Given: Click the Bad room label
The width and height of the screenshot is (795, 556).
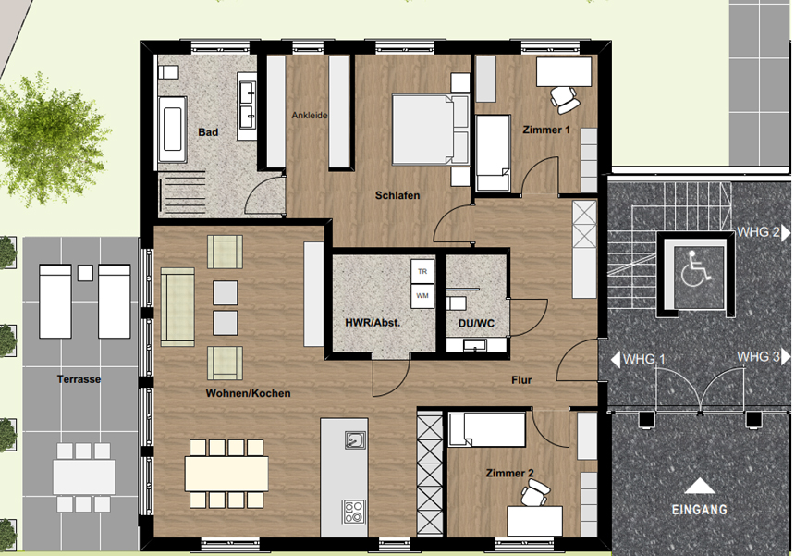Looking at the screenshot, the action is (208, 132).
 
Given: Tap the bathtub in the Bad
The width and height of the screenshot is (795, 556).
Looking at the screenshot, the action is (172, 130).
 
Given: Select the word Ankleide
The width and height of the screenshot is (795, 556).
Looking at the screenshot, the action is (310, 115).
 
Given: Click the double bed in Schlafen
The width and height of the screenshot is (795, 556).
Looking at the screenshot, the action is (430, 130).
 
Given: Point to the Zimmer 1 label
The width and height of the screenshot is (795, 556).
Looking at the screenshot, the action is (546, 130).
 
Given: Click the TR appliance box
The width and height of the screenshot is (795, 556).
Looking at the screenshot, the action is (422, 272).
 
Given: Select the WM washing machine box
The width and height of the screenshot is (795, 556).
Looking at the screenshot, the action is (422, 296).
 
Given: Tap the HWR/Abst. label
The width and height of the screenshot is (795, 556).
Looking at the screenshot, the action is (373, 323).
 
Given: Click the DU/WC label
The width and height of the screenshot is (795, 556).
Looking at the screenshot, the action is (476, 323).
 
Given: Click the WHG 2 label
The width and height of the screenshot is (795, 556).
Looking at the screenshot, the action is (759, 232).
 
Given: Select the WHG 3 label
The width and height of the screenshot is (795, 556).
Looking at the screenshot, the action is (758, 357).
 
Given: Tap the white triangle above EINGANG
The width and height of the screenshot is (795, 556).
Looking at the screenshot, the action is (700, 486).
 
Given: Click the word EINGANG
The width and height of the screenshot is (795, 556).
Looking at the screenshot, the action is (700, 510).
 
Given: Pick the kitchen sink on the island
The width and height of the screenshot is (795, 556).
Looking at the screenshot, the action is (355, 439).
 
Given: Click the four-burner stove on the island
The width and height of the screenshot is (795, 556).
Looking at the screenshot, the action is (353, 512).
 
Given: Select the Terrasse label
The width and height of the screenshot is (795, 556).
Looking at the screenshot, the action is (79, 379).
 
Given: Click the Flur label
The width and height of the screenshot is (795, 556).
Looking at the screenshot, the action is (521, 380).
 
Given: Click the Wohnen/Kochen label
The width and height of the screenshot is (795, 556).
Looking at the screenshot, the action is (248, 393).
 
